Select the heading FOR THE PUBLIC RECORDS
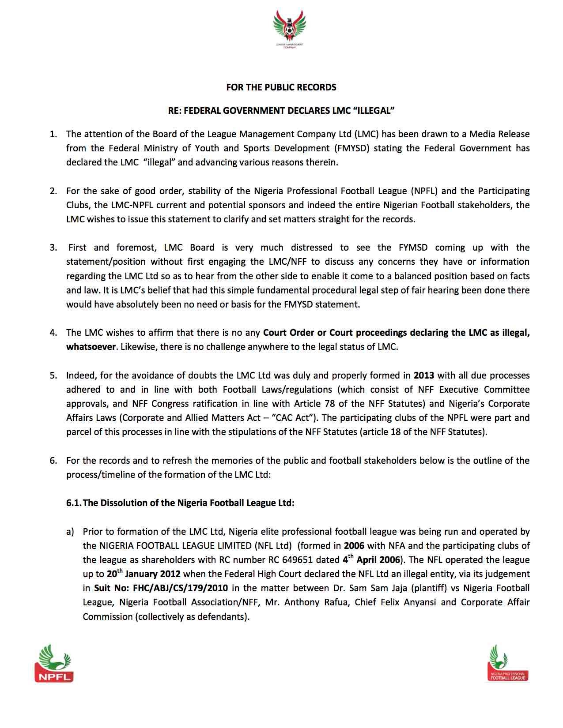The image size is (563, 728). pos(281,87)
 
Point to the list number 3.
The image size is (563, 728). pos(53,248)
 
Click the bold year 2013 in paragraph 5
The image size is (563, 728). pos(424,375)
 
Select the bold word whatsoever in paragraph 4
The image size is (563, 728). pos(91,347)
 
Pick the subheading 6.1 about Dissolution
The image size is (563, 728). pos(180,503)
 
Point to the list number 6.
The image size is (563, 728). pos(53,461)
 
